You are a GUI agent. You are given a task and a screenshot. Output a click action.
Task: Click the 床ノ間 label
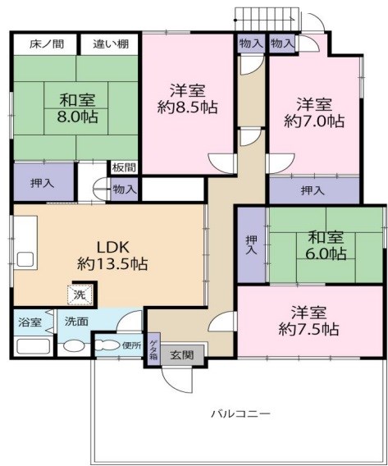(44, 43)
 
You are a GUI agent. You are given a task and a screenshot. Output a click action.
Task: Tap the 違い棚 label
(108, 43)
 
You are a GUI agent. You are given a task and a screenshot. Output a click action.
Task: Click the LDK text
(109, 246)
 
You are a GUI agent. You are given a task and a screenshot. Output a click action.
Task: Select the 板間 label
(125, 167)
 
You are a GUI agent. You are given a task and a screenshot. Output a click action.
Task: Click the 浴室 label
(30, 322)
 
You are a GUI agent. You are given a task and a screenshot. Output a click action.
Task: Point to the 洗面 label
(78, 322)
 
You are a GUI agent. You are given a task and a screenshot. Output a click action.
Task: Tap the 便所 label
(131, 345)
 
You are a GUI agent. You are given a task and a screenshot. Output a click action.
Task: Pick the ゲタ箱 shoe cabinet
(153, 350)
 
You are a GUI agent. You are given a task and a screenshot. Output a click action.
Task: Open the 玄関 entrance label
(182, 355)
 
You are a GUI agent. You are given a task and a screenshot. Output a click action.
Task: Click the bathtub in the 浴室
(30, 345)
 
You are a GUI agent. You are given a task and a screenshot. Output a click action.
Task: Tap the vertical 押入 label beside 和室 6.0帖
(251, 244)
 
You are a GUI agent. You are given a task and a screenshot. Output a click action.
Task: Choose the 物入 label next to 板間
(125, 189)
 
